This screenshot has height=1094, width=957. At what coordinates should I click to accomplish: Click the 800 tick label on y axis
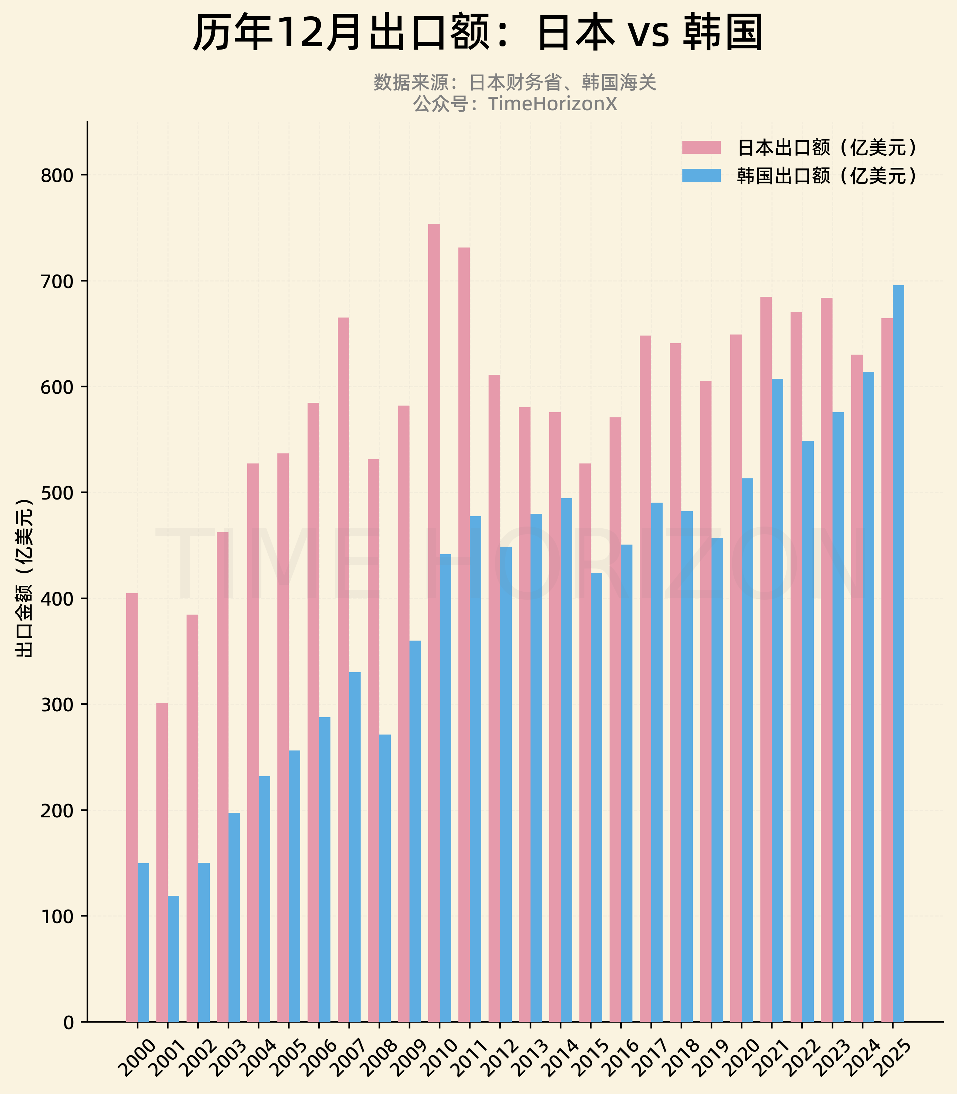point(57,176)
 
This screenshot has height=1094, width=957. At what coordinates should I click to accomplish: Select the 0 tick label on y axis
point(68,1023)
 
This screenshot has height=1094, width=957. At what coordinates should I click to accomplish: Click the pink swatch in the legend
point(701,147)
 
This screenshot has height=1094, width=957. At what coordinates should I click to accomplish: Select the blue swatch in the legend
point(701,176)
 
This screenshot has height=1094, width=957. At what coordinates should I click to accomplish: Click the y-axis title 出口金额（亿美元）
point(24,578)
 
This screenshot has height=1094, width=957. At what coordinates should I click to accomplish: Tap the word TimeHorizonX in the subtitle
point(552,104)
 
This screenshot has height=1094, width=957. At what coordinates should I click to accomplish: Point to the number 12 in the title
point(294,33)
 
